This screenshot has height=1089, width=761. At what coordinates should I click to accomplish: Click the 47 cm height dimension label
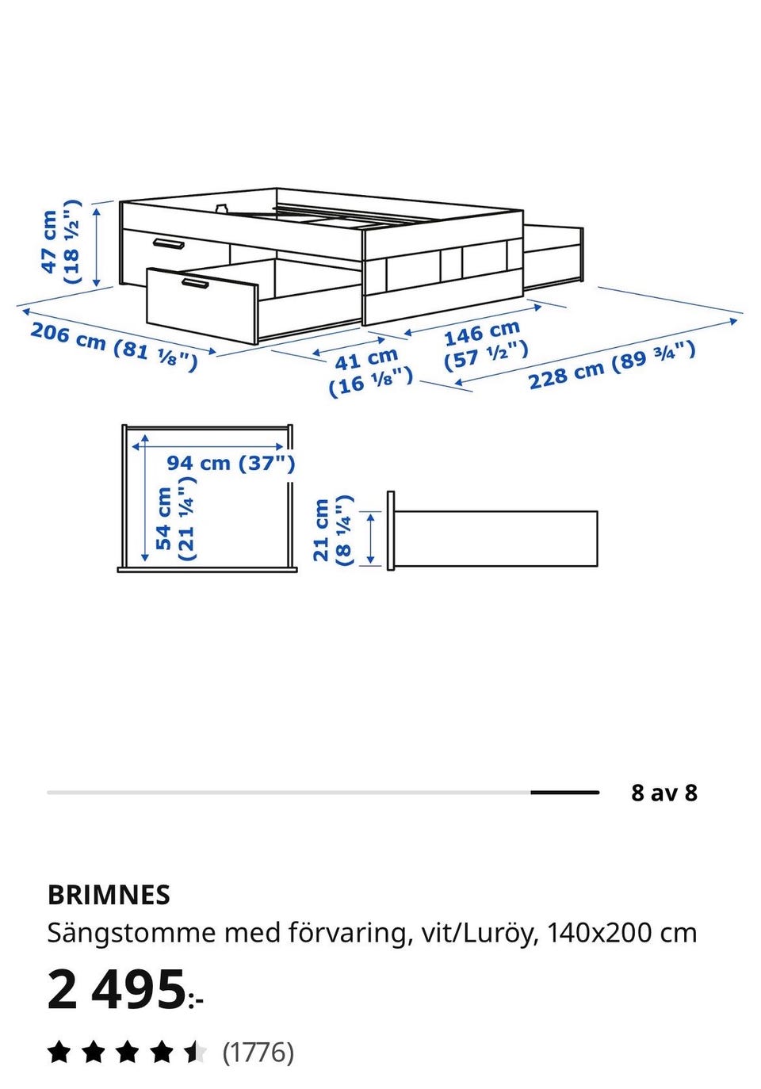pyautogui.click(x=61, y=242)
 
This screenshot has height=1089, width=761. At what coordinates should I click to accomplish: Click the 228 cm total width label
pyautogui.click(x=611, y=365)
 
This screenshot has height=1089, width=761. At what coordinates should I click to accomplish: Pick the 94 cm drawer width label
pyautogui.click(x=231, y=462)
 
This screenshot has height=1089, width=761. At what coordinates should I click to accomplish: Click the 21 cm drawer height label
pyautogui.click(x=332, y=530)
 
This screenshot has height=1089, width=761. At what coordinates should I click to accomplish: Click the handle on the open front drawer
pyautogui.click(x=195, y=284)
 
